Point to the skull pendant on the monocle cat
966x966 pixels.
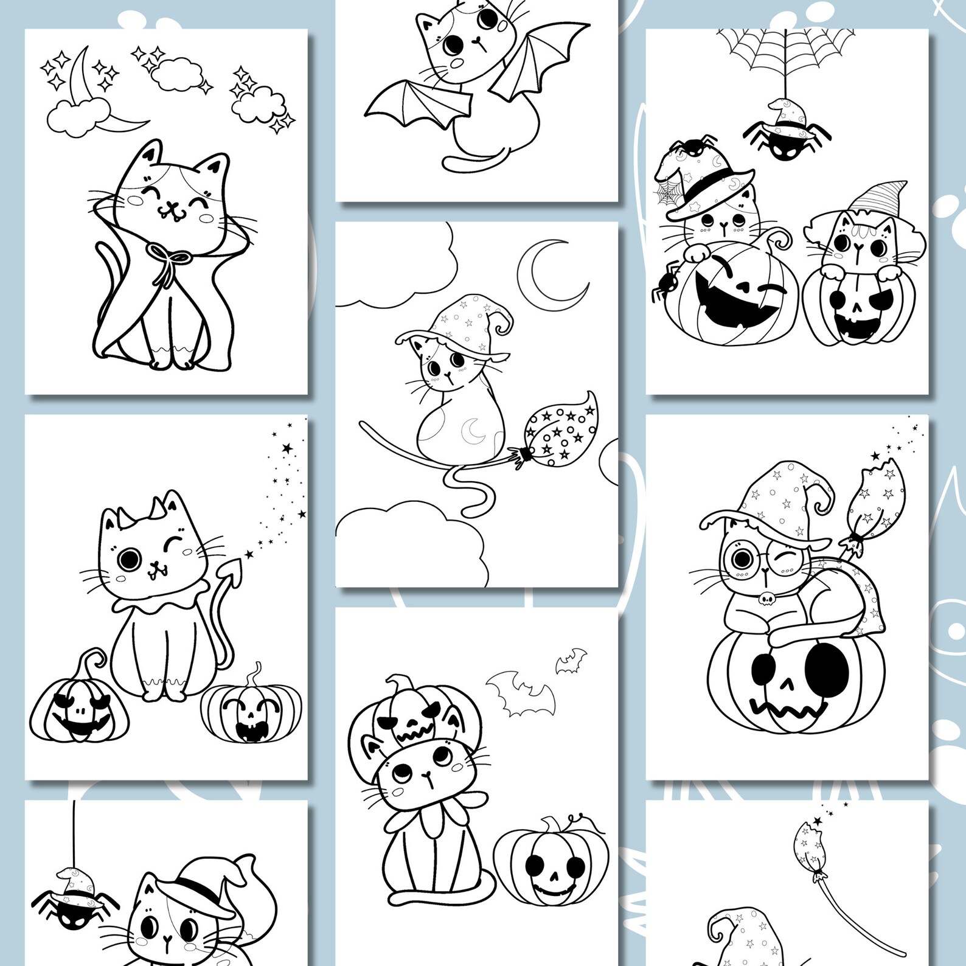click(x=766, y=599)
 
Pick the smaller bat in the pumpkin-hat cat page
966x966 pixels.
click(x=571, y=661)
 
